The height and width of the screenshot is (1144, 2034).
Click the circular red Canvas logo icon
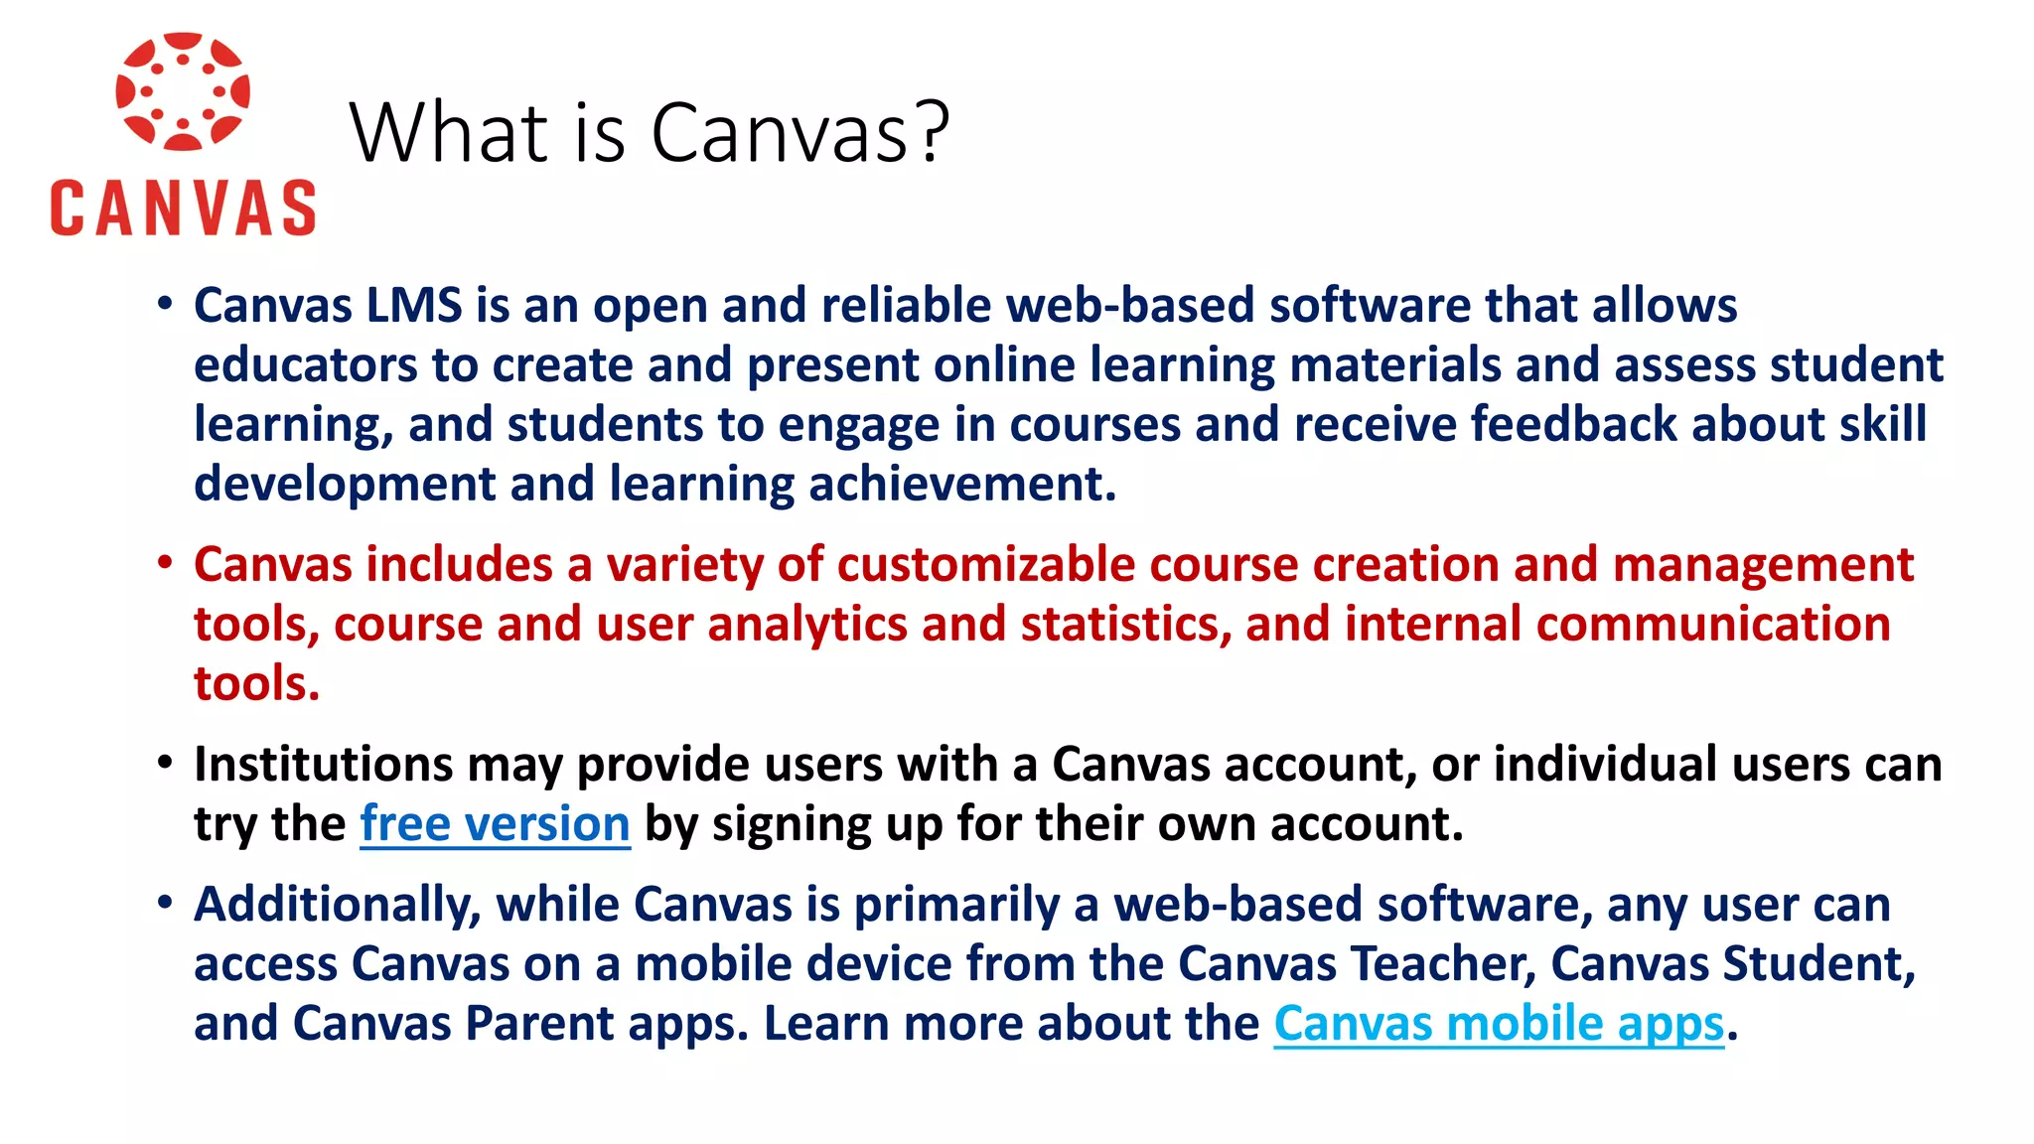(x=183, y=91)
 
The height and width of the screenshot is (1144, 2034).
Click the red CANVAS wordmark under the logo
(x=183, y=209)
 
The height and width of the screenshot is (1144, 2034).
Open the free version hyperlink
(x=495, y=824)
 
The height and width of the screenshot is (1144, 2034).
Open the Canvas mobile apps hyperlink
(x=1499, y=1024)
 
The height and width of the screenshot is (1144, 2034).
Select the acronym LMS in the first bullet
(x=414, y=305)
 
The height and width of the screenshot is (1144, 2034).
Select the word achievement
(x=962, y=484)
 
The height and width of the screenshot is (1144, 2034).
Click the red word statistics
(x=1125, y=625)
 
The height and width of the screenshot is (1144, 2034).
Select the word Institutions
(x=324, y=765)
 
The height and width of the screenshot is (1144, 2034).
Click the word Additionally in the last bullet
(x=338, y=905)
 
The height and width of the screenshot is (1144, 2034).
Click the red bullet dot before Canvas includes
(x=165, y=563)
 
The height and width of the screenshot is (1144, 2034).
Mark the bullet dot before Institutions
(x=165, y=764)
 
